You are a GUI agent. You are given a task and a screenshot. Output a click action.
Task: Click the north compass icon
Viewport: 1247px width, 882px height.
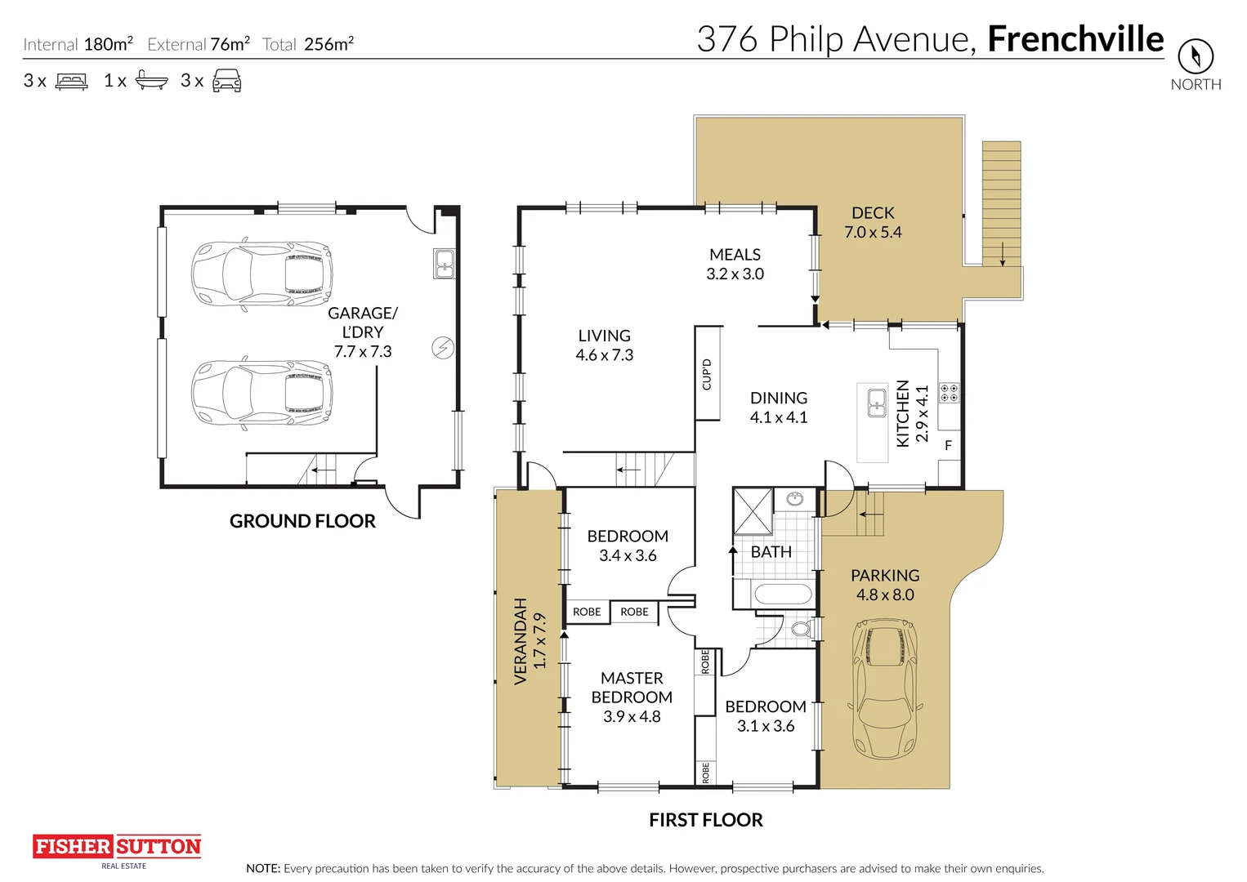(x=1196, y=56)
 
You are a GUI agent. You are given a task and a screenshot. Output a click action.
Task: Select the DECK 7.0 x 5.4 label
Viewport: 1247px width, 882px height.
(x=873, y=223)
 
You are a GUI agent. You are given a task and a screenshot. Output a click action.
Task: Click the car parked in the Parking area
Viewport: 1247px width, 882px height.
(x=885, y=689)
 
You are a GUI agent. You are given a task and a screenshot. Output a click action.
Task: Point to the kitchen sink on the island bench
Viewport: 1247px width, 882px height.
(x=877, y=403)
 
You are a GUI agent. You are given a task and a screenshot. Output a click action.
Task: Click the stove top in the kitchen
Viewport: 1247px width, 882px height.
(x=950, y=392)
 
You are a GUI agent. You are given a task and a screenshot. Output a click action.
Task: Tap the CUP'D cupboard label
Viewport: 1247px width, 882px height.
(x=707, y=375)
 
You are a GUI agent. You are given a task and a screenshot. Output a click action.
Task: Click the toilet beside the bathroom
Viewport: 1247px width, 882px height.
(x=802, y=629)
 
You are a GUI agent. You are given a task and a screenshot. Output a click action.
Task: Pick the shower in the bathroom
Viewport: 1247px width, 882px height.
(x=753, y=511)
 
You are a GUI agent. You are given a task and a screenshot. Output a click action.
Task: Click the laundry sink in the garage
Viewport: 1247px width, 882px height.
(x=445, y=264)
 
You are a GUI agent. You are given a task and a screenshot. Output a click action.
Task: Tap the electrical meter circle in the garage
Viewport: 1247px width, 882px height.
(x=443, y=349)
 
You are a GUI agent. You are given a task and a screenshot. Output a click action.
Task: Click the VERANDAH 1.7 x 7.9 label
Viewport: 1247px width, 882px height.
(x=530, y=641)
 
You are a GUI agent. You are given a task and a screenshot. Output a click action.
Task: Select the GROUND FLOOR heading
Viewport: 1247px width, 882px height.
(x=303, y=521)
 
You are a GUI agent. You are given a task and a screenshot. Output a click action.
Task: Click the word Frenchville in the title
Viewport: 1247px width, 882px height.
(x=1075, y=39)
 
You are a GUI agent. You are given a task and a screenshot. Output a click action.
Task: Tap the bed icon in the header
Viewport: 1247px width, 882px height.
(x=72, y=81)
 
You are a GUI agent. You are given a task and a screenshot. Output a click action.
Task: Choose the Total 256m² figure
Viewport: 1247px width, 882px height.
(x=308, y=44)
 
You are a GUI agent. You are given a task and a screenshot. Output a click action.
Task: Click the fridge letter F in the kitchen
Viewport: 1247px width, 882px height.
(x=948, y=445)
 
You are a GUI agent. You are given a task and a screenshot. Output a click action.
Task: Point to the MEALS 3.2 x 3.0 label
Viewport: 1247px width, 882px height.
(x=735, y=265)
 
